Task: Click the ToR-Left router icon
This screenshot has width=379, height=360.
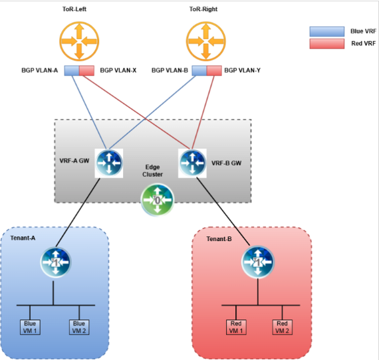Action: [x=79, y=41]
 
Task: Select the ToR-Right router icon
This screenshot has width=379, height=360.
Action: [x=206, y=41]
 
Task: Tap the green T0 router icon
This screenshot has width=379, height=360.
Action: [x=158, y=200]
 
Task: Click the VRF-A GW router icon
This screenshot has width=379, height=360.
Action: [x=109, y=163]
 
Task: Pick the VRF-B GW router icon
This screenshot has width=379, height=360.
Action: [x=192, y=163]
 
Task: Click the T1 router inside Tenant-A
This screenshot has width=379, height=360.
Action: [x=56, y=262]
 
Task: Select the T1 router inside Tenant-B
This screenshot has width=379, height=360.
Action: [x=258, y=262]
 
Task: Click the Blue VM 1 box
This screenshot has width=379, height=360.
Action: [x=30, y=327]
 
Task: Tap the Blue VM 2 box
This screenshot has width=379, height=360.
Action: [x=79, y=327]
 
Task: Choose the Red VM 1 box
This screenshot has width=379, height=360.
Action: [x=236, y=327]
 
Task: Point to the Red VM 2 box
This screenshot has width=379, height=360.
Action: [x=283, y=327]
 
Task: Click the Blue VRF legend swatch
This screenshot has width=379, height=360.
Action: [x=327, y=31]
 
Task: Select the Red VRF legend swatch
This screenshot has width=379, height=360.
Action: [x=327, y=44]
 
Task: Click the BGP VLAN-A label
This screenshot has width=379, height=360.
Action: [x=40, y=70]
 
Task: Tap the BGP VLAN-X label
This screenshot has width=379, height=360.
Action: [x=118, y=70]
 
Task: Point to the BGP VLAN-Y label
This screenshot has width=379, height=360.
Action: [x=243, y=70]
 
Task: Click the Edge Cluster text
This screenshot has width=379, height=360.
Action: [x=152, y=171]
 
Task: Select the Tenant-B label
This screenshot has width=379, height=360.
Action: [x=219, y=239]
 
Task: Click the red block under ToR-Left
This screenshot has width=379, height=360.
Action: [x=87, y=70]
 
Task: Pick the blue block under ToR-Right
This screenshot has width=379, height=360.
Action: [x=199, y=70]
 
